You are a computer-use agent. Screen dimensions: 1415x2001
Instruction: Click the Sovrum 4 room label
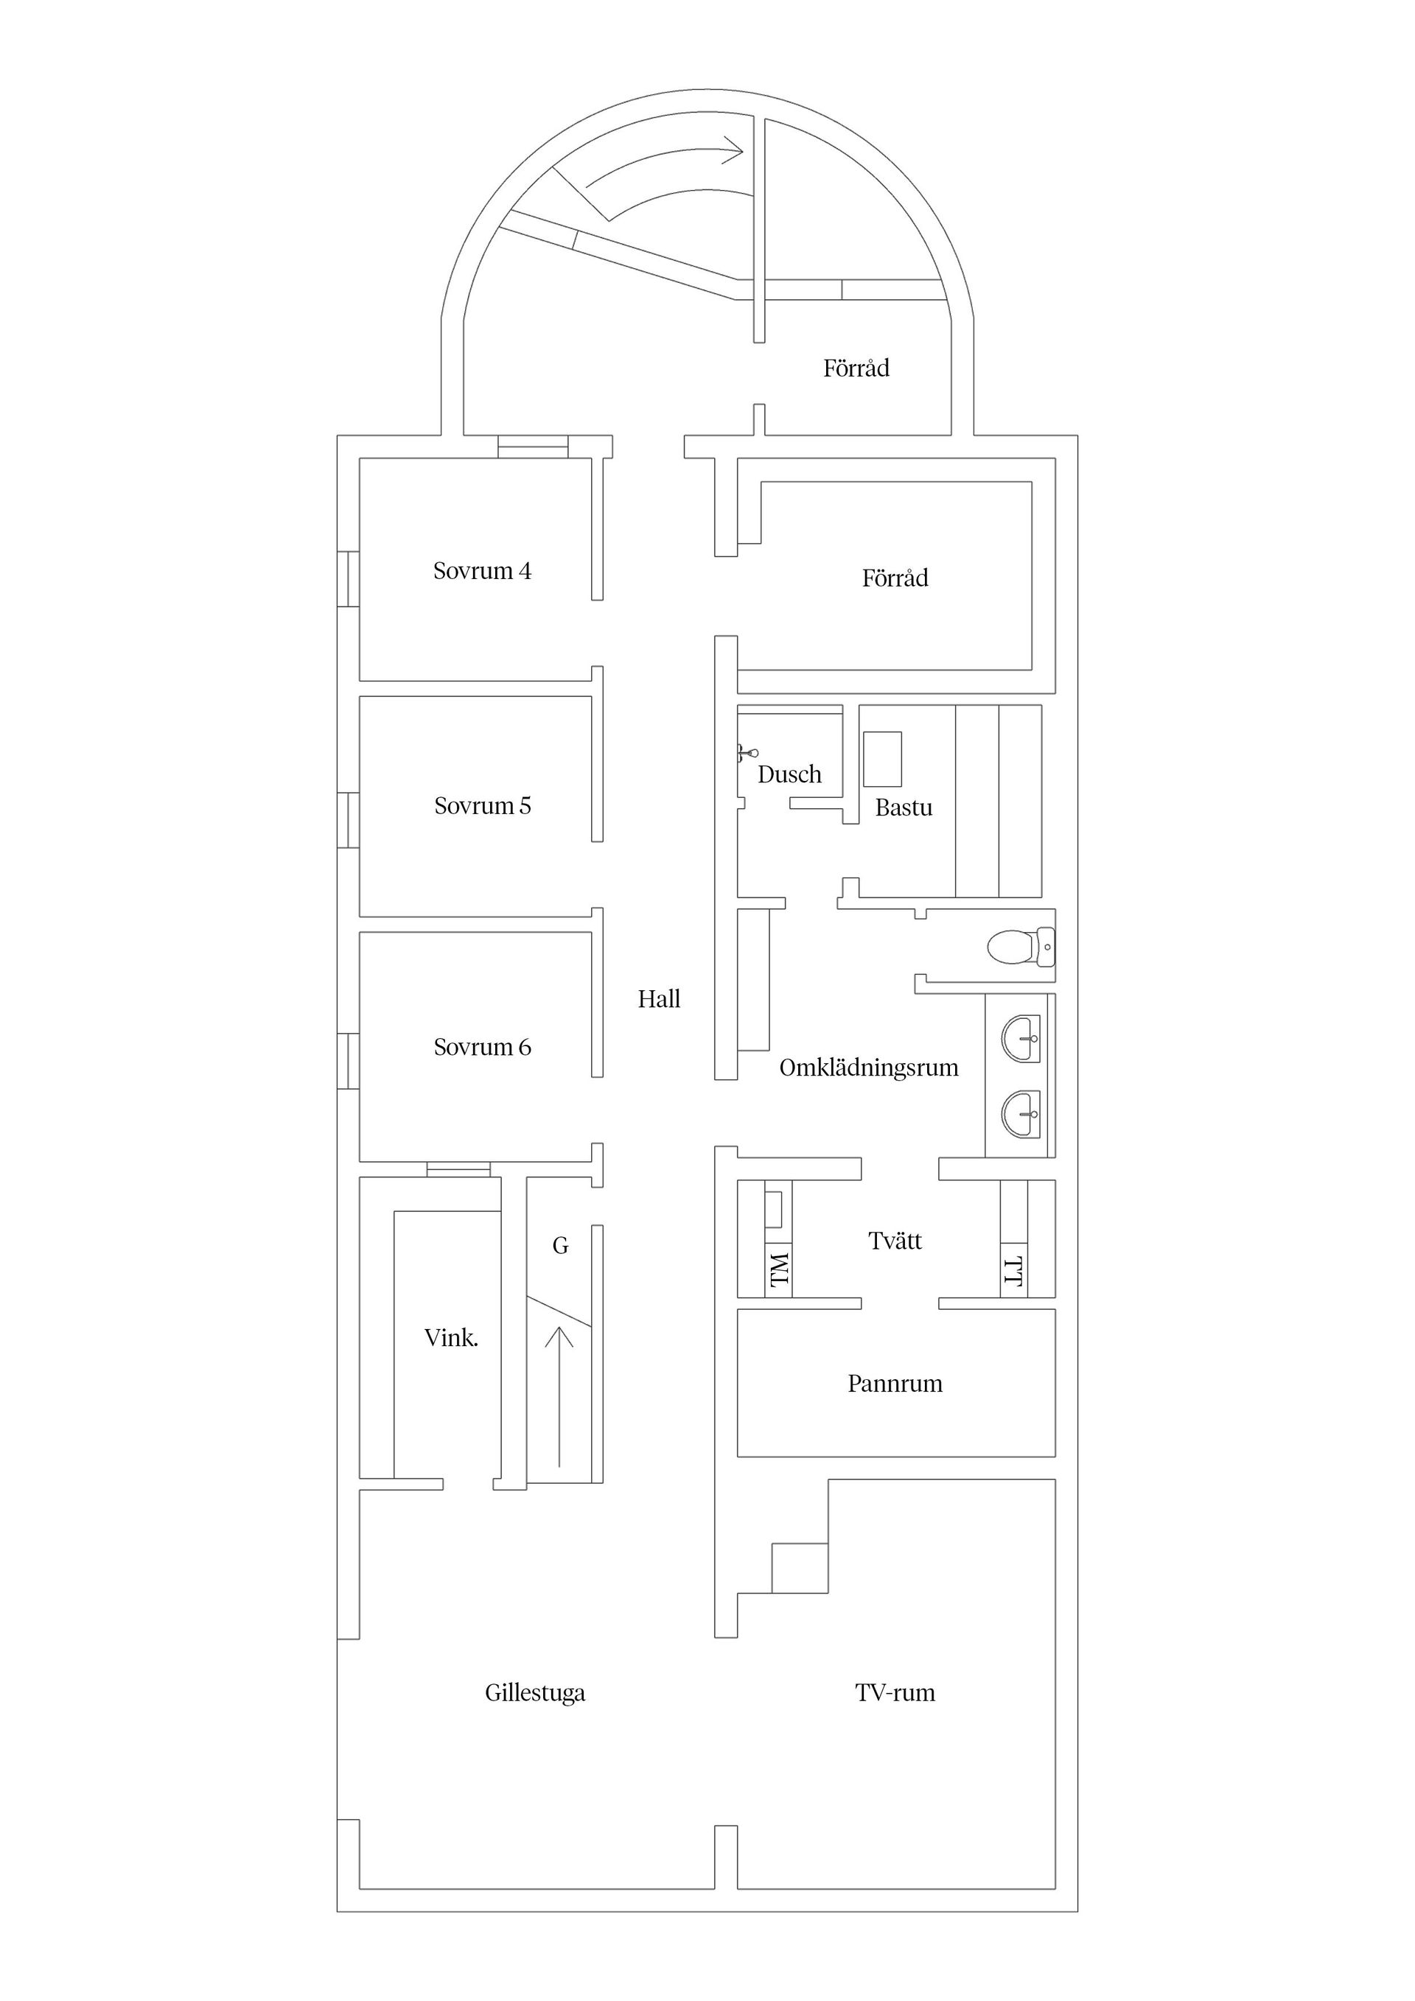(x=482, y=571)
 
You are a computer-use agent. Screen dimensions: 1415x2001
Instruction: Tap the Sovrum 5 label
(x=482, y=805)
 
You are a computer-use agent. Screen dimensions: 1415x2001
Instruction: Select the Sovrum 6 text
(x=482, y=1047)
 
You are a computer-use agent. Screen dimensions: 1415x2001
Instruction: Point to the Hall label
(x=658, y=999)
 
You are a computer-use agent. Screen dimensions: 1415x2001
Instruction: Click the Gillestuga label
(x=534, y=1692)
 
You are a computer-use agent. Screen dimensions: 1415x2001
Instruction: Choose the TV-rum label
(x=895, y=1692)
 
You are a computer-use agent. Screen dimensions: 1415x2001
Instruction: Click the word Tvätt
(x=895, y=1240)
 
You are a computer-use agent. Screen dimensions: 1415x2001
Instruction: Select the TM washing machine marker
(x=780, y=1270)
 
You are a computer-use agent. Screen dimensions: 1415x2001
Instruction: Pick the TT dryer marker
(x=1013, y=1271)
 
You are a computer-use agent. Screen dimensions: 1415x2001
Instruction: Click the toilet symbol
(x=1021, y=947)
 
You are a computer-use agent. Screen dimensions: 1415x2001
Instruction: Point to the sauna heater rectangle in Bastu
(x=882, y=759)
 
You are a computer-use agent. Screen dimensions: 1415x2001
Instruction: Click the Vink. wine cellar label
(x=451, y=1338)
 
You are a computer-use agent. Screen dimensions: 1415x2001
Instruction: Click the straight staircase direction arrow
(x=559, y=1397)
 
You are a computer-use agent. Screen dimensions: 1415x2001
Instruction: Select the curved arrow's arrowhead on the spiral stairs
(x=734, y=151)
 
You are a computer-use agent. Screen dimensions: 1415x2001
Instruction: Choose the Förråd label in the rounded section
(x=856, y=368)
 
